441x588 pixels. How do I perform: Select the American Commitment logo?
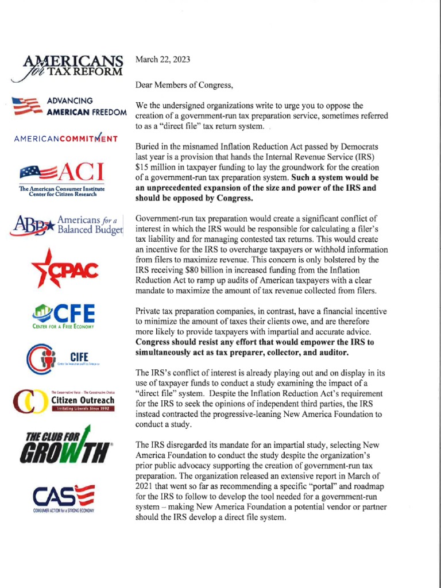coord(66,138)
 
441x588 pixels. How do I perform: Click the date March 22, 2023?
coord(163,59)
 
